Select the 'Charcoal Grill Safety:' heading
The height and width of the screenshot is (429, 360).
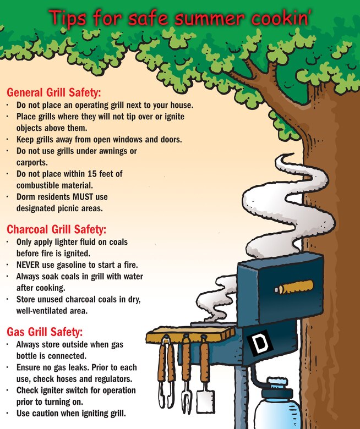(x=57, y=229)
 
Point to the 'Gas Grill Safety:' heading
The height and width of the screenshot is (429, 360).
(x=45, y=332)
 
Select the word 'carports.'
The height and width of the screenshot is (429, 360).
(x=32, y=162)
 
